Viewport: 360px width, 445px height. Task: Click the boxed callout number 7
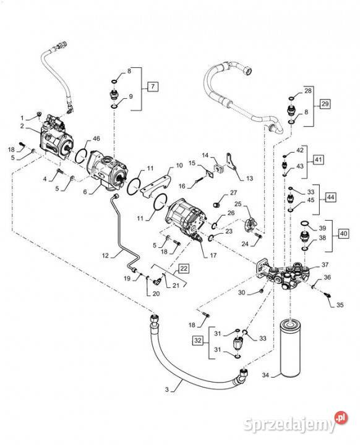[x=153, y=87]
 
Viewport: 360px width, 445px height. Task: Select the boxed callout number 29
[x=325, y=104]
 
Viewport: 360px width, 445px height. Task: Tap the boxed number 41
[x=318, y=159]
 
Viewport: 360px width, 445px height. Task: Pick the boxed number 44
[x=330, y=197]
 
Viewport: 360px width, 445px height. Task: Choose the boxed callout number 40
[x=343, y=234]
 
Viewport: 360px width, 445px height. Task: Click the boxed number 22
[x=184, y=268]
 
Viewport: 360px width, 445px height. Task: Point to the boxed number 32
[x=198, y=341]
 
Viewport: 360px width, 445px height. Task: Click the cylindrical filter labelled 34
[x=290, y=348]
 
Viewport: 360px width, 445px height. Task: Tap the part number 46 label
[x=96, y=138]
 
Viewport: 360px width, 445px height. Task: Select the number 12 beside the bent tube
[x=105, y=255]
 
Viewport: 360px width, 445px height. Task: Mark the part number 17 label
[x=213, y=255]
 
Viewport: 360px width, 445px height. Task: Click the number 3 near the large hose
[x=167, y=389]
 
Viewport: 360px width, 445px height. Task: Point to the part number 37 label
[x=325, y=265]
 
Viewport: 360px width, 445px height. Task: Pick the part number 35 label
[x=340, y=305]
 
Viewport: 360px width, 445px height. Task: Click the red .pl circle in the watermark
[x=341, y=418]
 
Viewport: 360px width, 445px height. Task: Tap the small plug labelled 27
[x=216, y=205]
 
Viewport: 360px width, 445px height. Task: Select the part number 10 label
[x=179, y=165]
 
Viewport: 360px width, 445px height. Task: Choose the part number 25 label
[x=238, y=204]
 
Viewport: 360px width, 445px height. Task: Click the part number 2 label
[x=22, y=126]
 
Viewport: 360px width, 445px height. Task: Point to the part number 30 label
[x=241, y=292]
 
